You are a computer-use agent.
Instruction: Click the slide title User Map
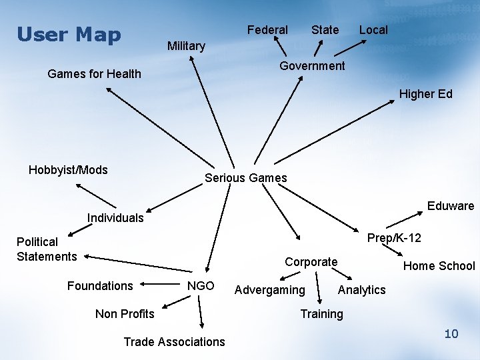pyautogui.click(x=69, y=34)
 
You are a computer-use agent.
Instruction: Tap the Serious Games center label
pyautogui.click(x=245, y=178)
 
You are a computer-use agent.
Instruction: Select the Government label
pyautogui.click(x=312, y=66)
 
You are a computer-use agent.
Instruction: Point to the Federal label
pyautogui.click(x=267, y=30)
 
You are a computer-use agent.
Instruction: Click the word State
pyautogui.click(x=325, y=30)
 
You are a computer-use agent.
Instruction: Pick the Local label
pyautogui.click(x=373, y=30)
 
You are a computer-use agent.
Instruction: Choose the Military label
pyautogui.click(x=186, y=46)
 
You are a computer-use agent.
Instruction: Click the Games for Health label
pyautogui.click(x=95, y=74)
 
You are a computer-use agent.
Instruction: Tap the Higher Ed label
pyautogui.click(x=425, y=94)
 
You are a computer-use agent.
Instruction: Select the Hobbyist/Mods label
pyautogui.click(x=68, y=170)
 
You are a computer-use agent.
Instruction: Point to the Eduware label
pyautogui.click(x=450, y=206)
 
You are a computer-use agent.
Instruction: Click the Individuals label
pyautogui.click(x=115, y=218)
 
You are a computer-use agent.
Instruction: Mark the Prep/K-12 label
pyautogui.click(x=394, y=238)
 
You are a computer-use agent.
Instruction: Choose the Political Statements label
pyautogui.click(x=47, y=249)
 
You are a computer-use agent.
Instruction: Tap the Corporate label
pyautogui.click(x=311, y=262)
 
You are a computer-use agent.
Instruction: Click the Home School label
pyautogui.click(x=439, y=266)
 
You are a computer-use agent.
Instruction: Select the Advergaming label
pyautogui.click(x=269, y=290)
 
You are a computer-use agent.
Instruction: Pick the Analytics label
pyautogui.click(x=361, y=290)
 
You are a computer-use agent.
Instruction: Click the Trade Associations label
pyautogui.click(x=174, y=342)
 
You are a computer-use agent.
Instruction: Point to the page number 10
pyautogui.click(x=451, y=333)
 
